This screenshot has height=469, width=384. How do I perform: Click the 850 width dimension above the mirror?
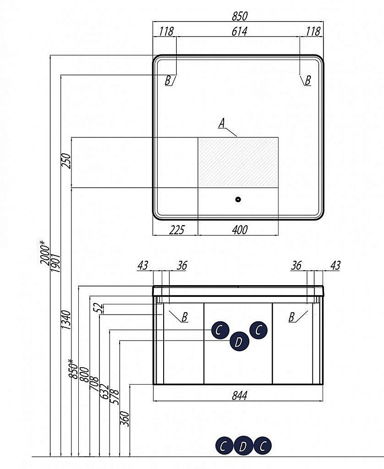(239, 16)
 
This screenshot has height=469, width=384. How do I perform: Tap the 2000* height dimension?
(44, 253)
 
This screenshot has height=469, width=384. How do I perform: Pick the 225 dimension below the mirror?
(176, 230)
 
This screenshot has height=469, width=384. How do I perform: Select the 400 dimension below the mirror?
(239, 230)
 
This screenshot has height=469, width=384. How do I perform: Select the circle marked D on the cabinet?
(239, 342)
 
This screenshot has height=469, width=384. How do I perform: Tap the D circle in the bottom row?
(243, 446)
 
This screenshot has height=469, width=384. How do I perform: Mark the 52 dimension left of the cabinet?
(98, 308)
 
